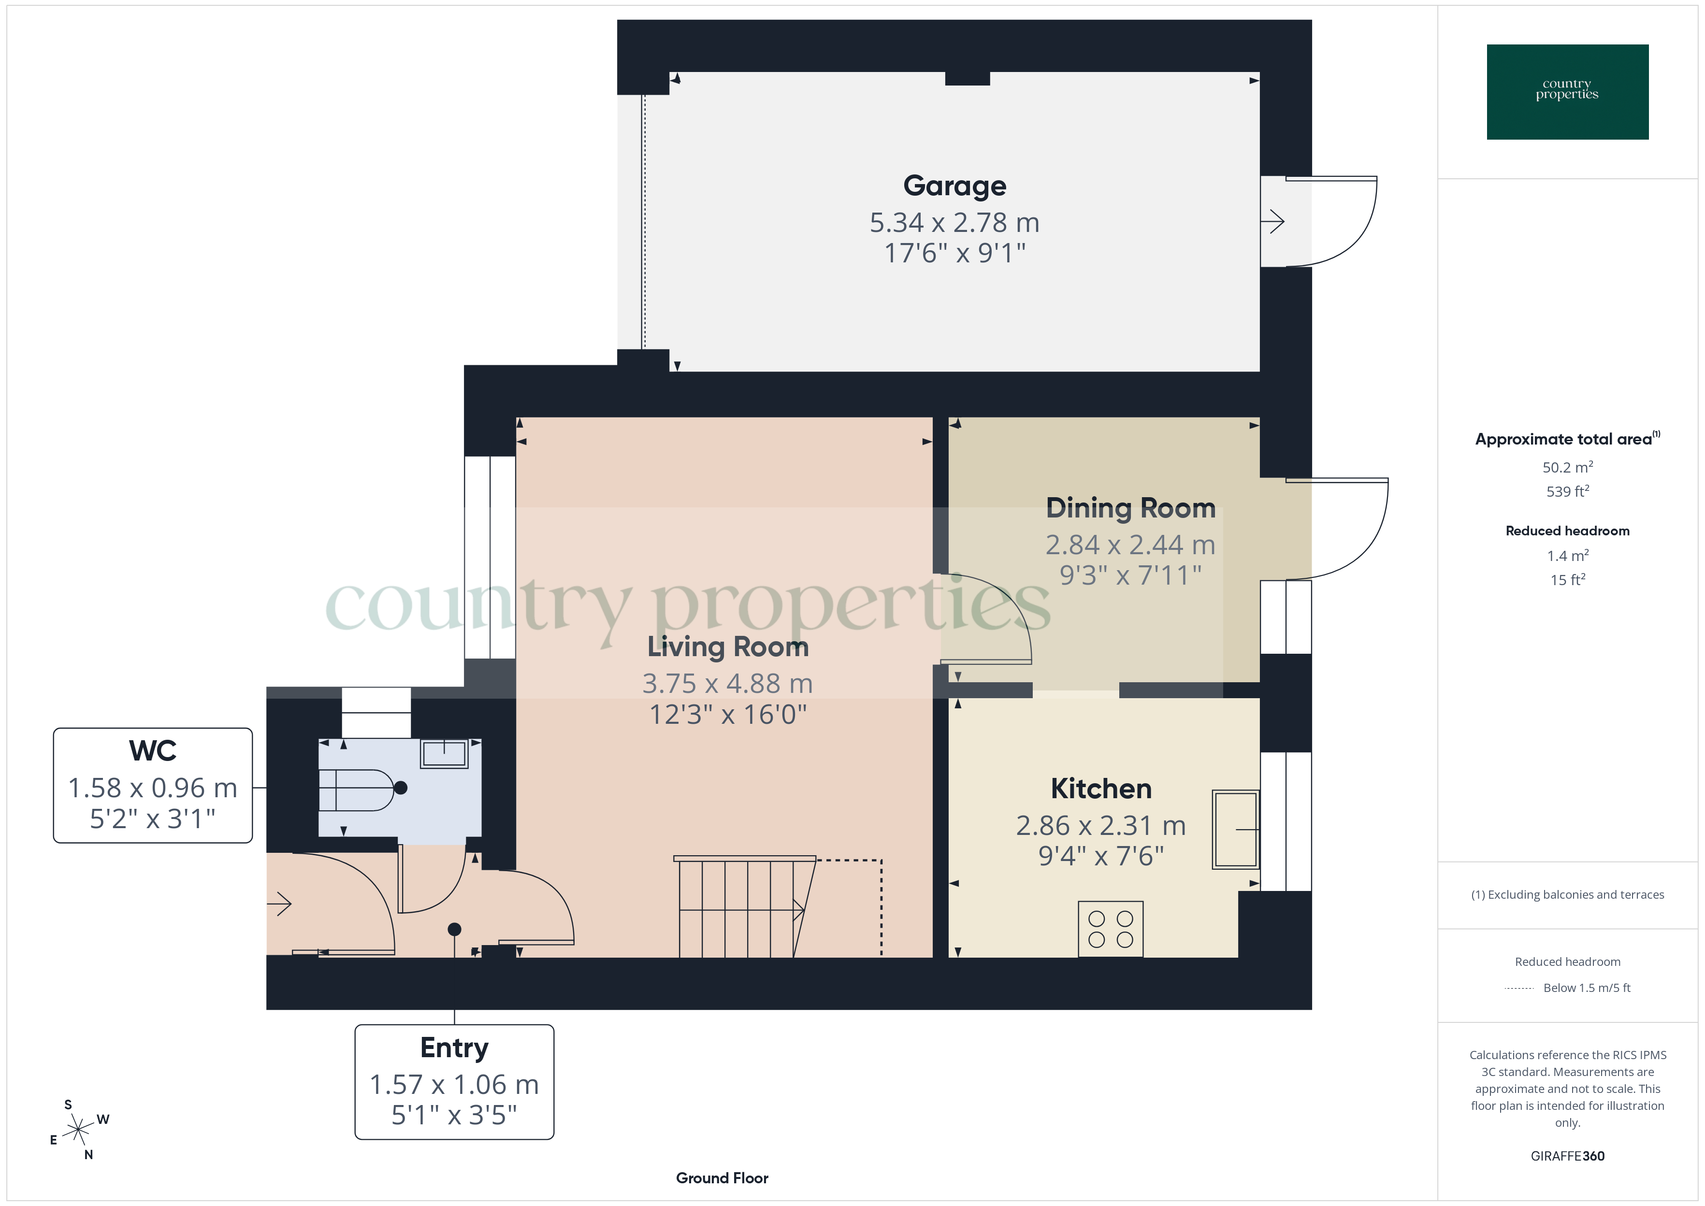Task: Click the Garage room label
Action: pyautogui.click(x=954, y=186)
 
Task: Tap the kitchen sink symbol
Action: pyautogui.click(x=1235, y=829)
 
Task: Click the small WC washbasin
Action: pyautogui.click(x=444, y=754)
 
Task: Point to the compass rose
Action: pyautogui.click(x=78, y=1130)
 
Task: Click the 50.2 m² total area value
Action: pyautogui.click(x=1567, y=467)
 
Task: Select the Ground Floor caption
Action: pyautogui.click(x=722, y=1178)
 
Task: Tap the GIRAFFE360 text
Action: pyautogui.click(x=1567, y=1155)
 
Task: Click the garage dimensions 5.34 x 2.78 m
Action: pyautogui.click(x=954, y=223)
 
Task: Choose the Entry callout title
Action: pyautogui.click(x=454, y=1048)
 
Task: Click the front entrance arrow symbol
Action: pyautogui.click(x=281, y=904)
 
